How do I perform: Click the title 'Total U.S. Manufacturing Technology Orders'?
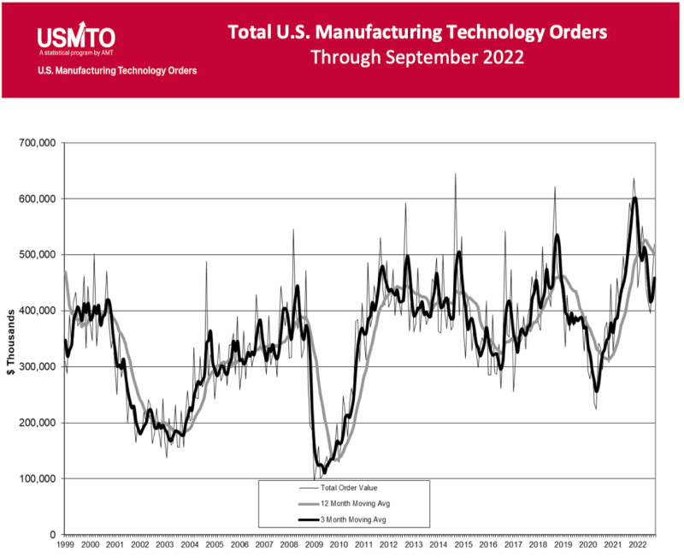point(417,32)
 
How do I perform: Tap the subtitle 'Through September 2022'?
point(417,58)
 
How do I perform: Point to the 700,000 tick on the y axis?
point(36,143)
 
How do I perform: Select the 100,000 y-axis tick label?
point(36,478)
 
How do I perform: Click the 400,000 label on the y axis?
point(36,311)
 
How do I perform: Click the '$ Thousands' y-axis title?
point(10,339)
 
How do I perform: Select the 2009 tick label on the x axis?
point(314,544)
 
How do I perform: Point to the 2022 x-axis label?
point(637,544)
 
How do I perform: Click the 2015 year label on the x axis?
point(463,544)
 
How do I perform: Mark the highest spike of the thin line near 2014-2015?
point(455,174)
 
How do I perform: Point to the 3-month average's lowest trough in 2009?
point(324,472)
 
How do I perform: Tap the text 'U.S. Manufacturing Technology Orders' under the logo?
point(117,71)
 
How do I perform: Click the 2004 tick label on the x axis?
point(189,544)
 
